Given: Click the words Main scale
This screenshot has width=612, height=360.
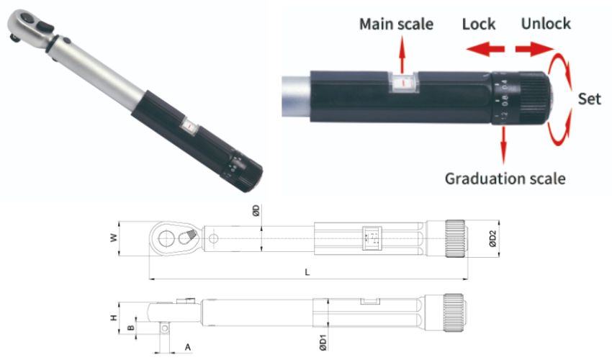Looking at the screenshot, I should coord(397,24).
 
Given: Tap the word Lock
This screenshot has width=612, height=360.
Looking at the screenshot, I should coord(479,24).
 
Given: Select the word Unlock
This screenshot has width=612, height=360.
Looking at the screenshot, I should coord(546,23).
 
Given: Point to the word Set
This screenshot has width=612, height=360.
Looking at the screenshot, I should coord(590,98).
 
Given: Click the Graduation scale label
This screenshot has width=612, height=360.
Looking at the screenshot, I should coord(504,178).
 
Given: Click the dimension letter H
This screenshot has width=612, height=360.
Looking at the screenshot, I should coord(112,317).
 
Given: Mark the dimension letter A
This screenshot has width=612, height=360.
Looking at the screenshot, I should coord(186,347).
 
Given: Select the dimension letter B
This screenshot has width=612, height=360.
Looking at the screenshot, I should coord(130,328).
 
